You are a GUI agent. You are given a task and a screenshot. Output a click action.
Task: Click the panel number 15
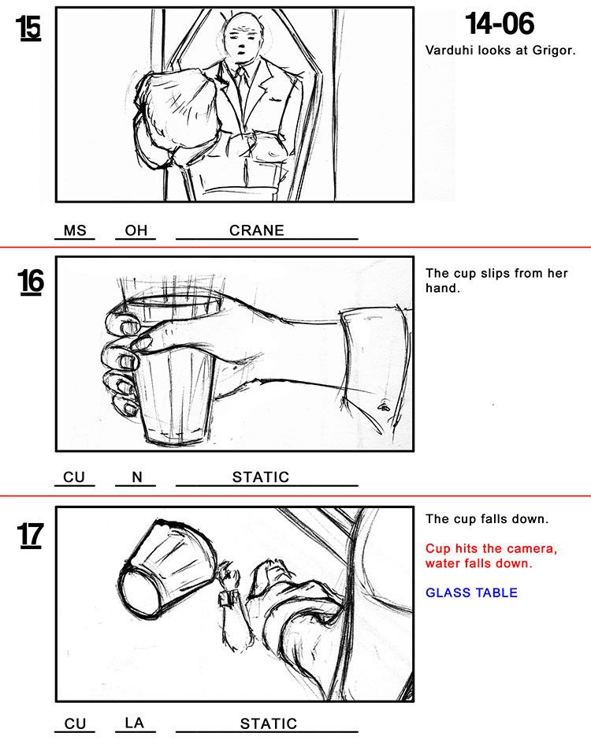tap(28, 28)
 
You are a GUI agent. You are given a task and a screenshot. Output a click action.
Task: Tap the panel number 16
tap(31, 282)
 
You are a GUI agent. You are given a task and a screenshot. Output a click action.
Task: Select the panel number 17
tap(31, 535)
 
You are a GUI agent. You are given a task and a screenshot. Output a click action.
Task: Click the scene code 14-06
tap(500, 24)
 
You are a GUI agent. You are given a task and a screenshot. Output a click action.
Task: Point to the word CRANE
tap(257, 230)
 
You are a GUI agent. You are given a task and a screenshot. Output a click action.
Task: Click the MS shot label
tap(75, 230)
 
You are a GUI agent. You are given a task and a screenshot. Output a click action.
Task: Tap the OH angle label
tap(136, 230)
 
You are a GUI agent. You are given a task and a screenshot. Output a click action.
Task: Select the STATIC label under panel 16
tap(261, 477)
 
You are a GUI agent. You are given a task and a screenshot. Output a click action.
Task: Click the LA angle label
tap(134, 723)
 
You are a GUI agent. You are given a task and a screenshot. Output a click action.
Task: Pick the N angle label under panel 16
tap(136, 477)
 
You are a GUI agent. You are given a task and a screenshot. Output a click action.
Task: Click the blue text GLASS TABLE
tap(471, 592)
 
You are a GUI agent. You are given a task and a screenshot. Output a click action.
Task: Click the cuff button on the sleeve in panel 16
tap(383, 406)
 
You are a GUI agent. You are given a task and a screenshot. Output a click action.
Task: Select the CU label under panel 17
tap(75, 723)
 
